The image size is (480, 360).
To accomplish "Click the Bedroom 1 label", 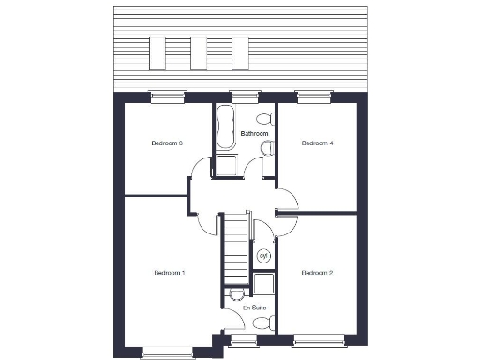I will coord(170,272).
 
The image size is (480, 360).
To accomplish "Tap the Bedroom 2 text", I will coord(317,272).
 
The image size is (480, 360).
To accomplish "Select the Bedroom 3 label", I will coord(166,142).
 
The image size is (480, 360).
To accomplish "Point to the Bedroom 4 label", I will coord(317,142).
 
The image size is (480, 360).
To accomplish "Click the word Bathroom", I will coord(255,134).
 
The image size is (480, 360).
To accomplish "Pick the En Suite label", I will coord(253,307).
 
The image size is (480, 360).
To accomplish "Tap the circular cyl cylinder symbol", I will coord(263,255).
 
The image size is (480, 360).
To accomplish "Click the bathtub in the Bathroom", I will coord(226,130).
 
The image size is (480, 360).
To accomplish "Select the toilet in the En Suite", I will coord(262,322).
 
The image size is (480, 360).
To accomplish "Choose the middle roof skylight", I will coord(199,50).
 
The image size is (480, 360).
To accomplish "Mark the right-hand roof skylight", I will coord(241,50).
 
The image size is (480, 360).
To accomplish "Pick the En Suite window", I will coord(244,341).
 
